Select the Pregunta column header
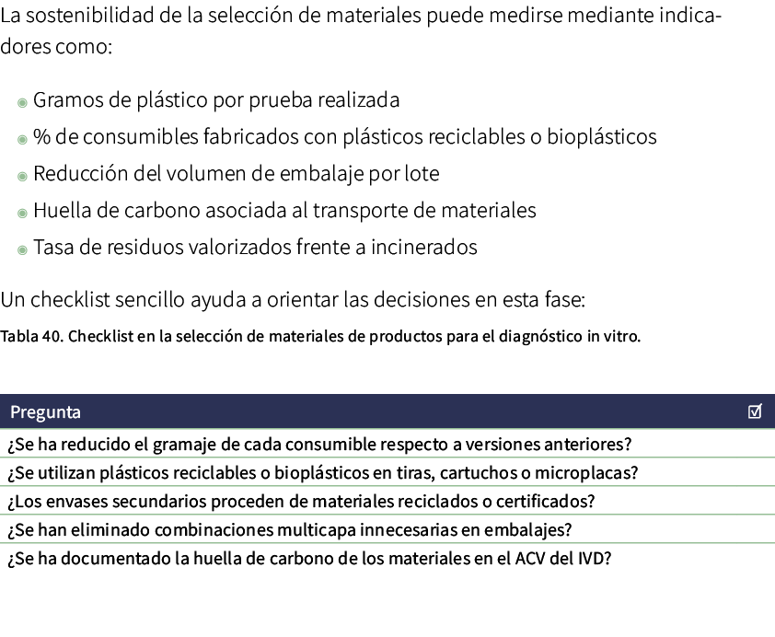45,411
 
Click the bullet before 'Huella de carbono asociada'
22,213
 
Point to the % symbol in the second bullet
41,137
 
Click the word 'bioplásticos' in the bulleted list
602,137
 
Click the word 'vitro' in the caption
621,336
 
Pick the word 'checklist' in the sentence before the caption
71,301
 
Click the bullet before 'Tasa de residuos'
22,249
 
